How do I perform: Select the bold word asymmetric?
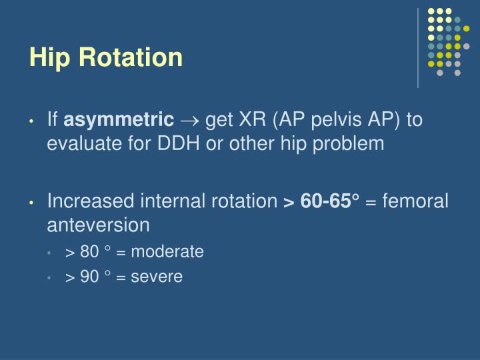pos(118,121)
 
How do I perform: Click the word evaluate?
pos(79,143)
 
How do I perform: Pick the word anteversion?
pos(98,225)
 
